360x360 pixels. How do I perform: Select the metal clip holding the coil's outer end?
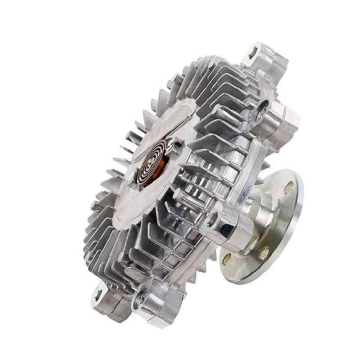[x=173, y=147]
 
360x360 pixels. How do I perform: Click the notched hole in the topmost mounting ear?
[x=253, y=53]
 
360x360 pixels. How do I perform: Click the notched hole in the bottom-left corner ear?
[x=99, y=295]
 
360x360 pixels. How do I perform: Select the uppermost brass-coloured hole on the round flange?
[x=288, y=187]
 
